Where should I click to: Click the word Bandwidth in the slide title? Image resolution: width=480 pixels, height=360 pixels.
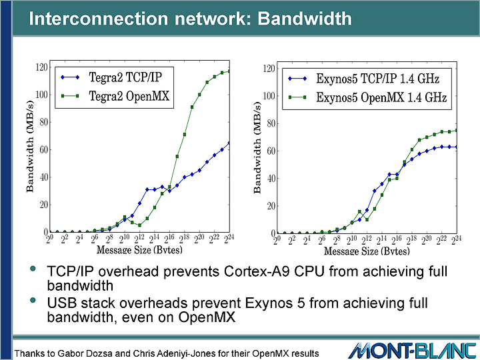(x=305, y=19)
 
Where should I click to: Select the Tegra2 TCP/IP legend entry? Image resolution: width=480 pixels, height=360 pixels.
(x=111, y=77)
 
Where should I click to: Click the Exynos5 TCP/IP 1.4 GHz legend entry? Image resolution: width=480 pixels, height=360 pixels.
(x=364, y=79)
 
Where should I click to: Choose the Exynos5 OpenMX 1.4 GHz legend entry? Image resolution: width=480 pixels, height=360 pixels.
(x=367, y=97)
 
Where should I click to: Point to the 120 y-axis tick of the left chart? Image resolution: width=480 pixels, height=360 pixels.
(x=41, y=67)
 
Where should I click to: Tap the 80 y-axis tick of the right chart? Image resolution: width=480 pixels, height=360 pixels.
(x=271, y=123)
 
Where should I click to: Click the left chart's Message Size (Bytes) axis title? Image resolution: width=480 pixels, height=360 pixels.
(x=139, y=250)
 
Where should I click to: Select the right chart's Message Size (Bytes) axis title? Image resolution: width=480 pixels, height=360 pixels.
(x=367, y=251)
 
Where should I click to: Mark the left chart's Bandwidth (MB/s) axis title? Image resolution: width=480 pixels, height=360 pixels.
(x=30, y=146)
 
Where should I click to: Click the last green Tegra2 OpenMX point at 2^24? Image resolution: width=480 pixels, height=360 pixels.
(x=229, y=71)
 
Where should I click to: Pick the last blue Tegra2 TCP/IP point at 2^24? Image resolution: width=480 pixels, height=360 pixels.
(x=229, y=143)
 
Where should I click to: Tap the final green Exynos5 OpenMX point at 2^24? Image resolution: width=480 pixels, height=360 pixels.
(x=457, y=131)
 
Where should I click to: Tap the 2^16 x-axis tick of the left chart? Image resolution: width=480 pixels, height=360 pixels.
(x=169, y=239)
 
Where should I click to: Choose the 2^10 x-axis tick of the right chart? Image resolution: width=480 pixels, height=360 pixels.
(x=352, y=240)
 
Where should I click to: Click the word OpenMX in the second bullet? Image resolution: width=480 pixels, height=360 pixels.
(x=207, y=317)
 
